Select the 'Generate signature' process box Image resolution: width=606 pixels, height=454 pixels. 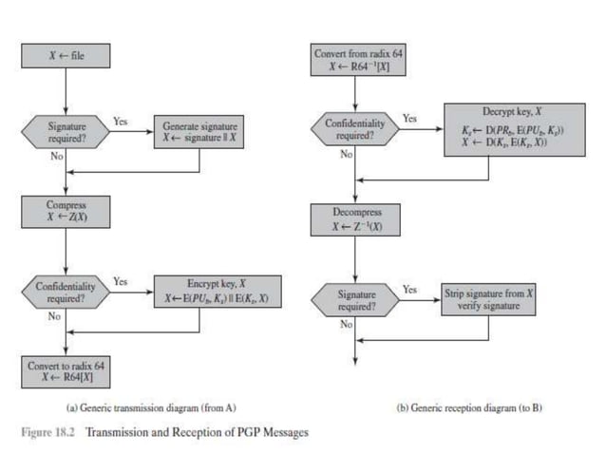coord(199,131)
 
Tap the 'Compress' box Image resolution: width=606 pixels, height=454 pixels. coord(66,209)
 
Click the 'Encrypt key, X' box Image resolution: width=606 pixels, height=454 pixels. coord(218,291)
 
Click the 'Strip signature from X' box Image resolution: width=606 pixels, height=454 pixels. coord(488,299)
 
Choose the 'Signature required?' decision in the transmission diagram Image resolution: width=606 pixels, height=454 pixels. coord(66,131)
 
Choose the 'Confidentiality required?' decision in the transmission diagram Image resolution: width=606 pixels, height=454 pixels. coord(66,291)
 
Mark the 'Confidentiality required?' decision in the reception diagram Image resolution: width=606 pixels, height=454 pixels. coord(353,129)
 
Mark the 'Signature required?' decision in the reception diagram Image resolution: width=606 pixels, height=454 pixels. coord(353,300)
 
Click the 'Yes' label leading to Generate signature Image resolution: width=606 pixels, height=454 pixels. coord(121,122)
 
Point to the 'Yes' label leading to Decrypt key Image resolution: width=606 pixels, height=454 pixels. coord(409,119)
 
